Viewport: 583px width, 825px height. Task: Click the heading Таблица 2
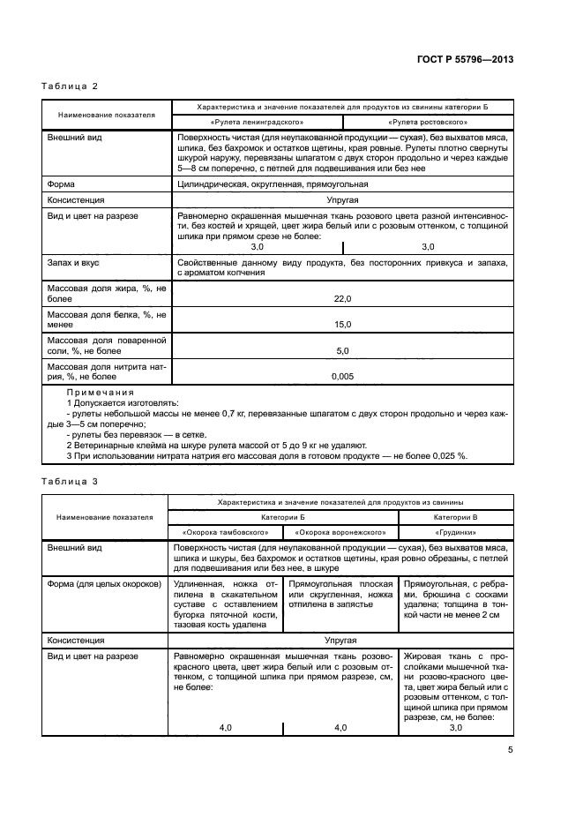[x=70, y=86]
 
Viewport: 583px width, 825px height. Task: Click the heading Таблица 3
[x=70, y=482]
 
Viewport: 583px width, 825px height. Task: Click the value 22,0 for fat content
[x=342, y=299]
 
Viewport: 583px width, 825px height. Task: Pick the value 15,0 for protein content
[x=342, y=325]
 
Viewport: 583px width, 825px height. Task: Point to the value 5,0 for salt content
[x=342, y=350]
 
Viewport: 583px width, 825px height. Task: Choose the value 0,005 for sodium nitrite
[x=342, y=376]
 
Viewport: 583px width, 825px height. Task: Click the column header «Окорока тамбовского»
[x=225, y=533]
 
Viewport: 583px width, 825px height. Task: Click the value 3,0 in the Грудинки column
[x=456, y=727]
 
